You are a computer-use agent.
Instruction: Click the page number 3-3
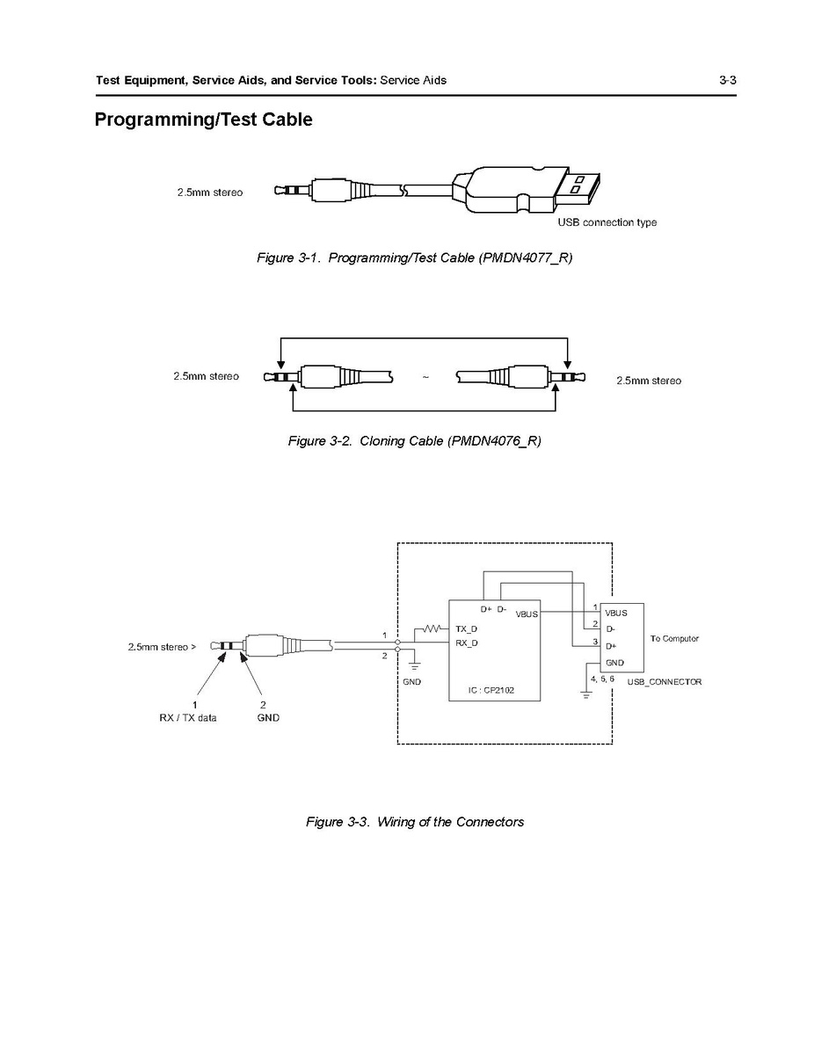click(726, 80)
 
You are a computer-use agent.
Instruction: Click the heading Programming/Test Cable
click(203, 120)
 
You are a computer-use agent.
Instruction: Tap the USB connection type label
click(607, 222)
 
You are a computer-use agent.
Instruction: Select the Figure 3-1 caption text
click(414, 258)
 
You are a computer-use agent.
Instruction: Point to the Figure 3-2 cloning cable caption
click(414, 440)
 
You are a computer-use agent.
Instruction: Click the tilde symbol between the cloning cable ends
click(425, 378)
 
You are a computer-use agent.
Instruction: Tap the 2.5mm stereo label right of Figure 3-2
click(648, 381)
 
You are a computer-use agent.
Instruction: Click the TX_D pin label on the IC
click(467, 628)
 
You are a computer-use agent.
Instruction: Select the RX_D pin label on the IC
click(467, 643)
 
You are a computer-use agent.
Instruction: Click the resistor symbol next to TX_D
click(432, 628)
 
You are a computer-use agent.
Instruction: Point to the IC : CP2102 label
click(492, 691)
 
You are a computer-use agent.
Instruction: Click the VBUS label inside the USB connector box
click(615, 612)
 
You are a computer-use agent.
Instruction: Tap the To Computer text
click(674, 638)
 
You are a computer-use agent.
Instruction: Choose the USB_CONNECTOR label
click(664, 682)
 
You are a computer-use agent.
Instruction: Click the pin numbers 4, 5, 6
click(602, 679)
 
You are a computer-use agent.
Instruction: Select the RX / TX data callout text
click(182, 718)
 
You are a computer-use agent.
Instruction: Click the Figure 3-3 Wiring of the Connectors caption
click(414, 822)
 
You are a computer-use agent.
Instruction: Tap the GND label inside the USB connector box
click(614, 663)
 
